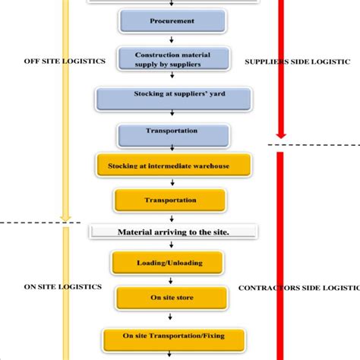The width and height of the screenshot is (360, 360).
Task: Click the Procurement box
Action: [x=172, y=21]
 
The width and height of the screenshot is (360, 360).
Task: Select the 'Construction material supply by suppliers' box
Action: [x=172, y=59]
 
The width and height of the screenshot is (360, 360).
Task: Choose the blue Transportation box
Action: [x=172, y=134]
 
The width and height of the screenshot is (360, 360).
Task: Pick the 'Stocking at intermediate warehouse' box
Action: [x=173, y=165]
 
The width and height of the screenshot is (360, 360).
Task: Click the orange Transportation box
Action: [x=170, y=201]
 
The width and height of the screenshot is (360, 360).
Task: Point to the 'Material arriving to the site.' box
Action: [x=173, y=232]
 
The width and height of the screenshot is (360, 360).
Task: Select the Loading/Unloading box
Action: [x=168, y=263]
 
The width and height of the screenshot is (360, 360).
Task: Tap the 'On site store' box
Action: [x=168, y=297]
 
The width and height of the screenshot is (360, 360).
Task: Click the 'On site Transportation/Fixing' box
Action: [x=174, y=336]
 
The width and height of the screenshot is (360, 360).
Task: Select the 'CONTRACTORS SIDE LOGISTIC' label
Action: [x=298, y=288]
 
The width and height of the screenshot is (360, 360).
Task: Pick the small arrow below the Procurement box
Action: [x=172, y=39]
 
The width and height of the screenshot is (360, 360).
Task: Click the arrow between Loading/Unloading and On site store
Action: [x=168, y=279]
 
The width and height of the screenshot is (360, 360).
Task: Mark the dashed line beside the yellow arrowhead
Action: [x=30, y=223]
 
